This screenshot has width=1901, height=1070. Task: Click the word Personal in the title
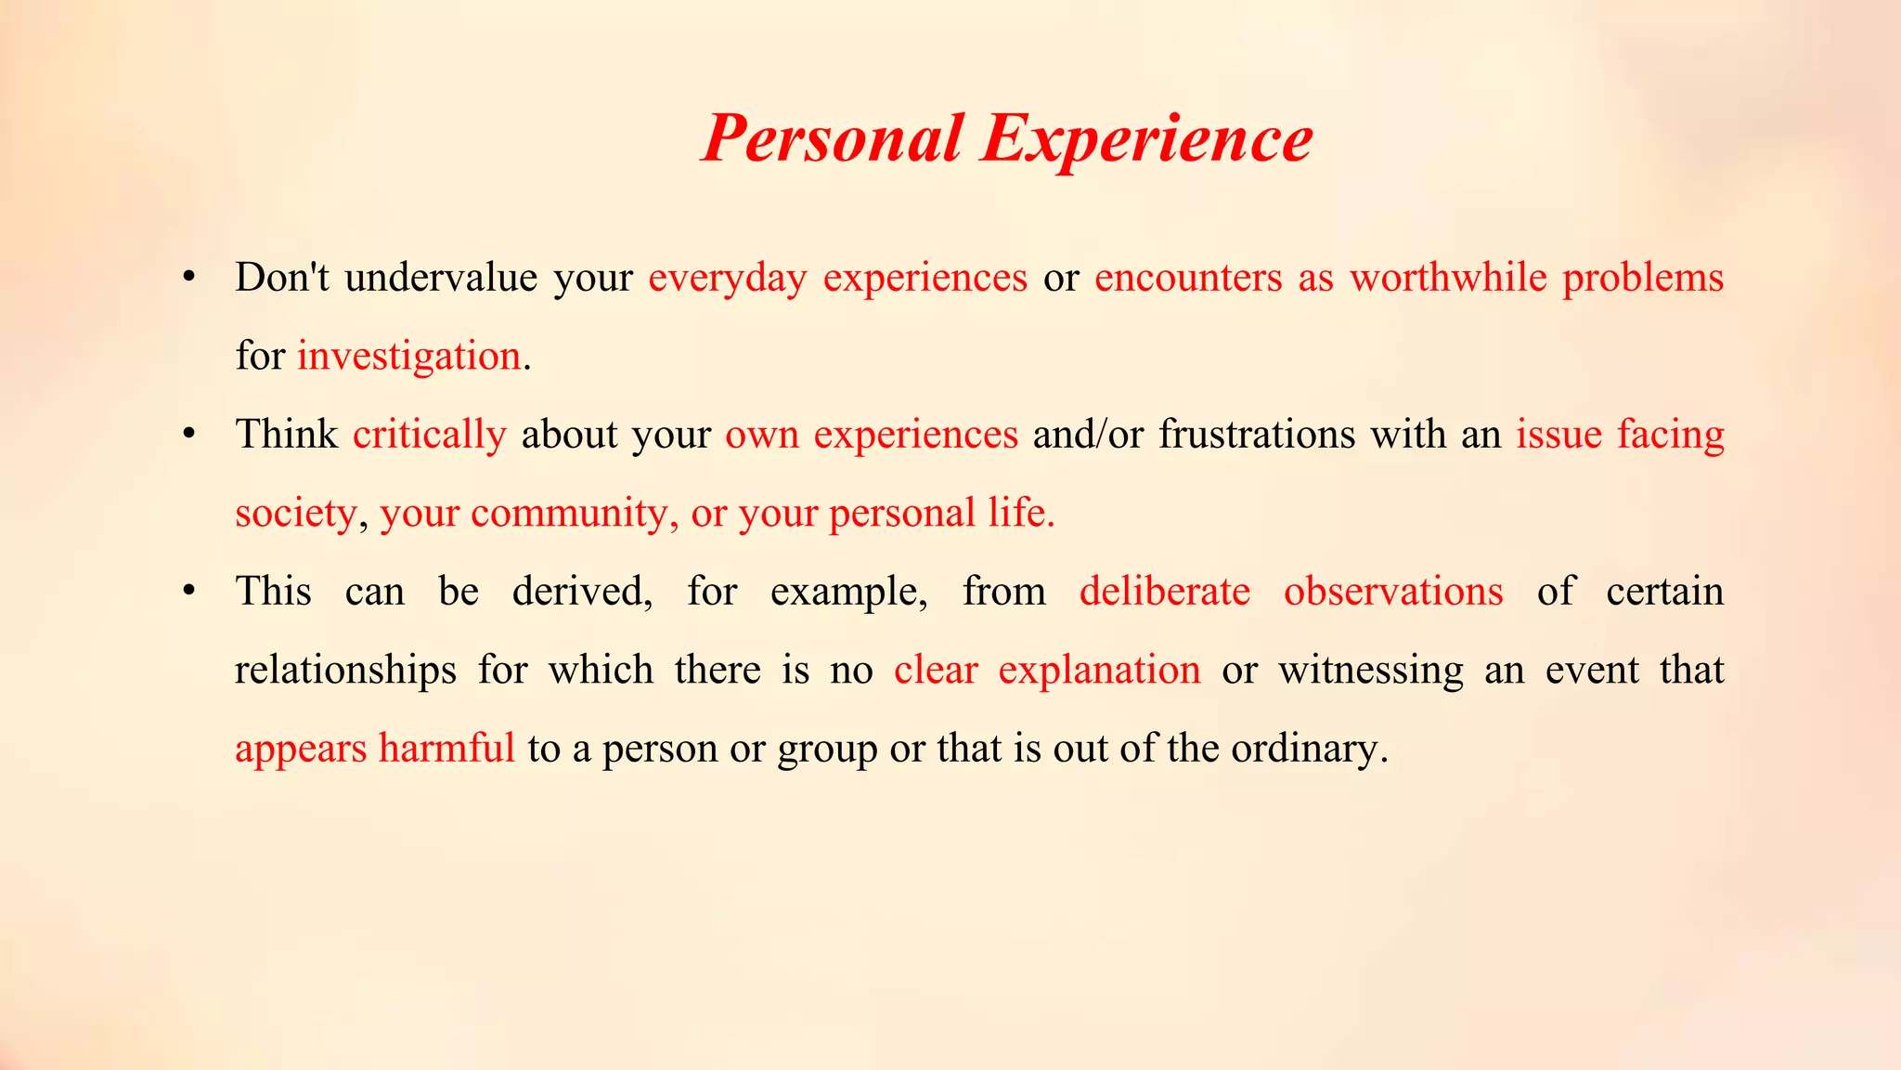click(x=832, y=138)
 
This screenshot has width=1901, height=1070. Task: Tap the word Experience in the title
click(x=1146, y=138)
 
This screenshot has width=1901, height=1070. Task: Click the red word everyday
click(x=728, y=278)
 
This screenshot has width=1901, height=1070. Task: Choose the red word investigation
click(x=408, y=357)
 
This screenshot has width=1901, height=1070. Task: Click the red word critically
click(x=429, y=435)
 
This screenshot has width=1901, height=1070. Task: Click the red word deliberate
click(x=1165, y=592)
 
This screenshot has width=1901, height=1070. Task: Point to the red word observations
click(x=1393, y=592)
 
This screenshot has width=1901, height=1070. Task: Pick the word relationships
click(x=345, y=671)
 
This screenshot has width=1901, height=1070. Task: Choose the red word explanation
click(x=1099, y=671)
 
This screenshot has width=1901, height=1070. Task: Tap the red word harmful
click(x=446, y=749)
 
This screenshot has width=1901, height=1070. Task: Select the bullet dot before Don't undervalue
click(x=189, y=277)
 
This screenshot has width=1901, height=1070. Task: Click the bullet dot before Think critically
click(x=189, y=434)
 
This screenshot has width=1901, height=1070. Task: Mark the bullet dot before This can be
click(x=189, y=591)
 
